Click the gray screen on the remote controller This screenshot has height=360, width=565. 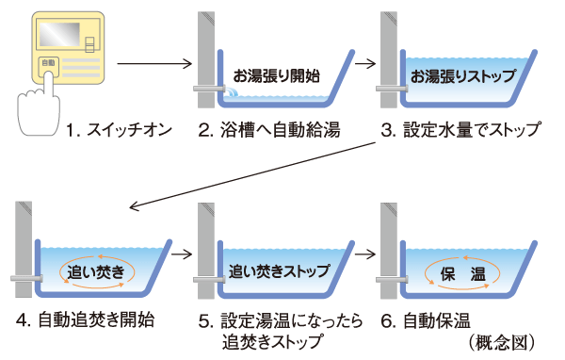coord(57,35)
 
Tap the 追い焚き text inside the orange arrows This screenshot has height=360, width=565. coord(97,271)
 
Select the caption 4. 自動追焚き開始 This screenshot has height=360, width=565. coord(85,319)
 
